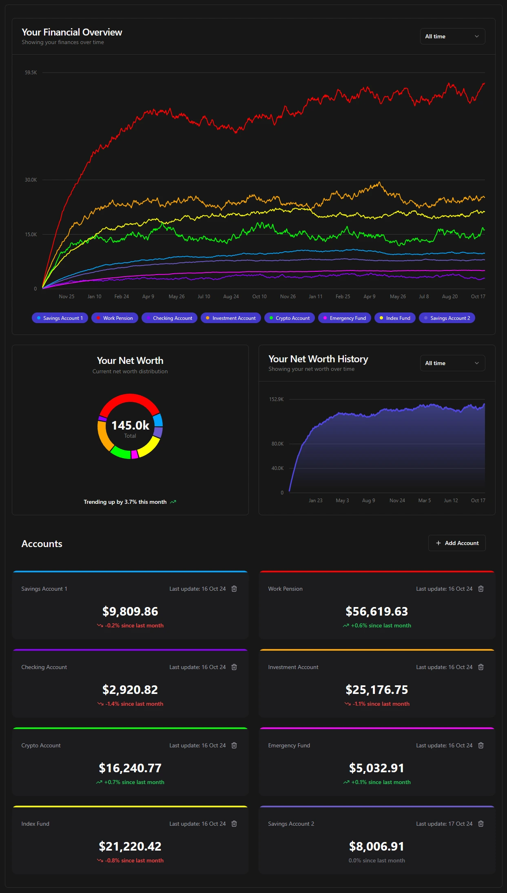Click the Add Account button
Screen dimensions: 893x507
[457, 543]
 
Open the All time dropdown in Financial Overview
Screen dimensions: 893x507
[452, 36]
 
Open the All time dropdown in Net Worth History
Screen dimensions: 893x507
[452, 363]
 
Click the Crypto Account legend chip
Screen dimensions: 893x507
[290, 318]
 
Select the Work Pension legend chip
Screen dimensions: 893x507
[115, 318]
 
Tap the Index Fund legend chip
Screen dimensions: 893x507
[395, 318]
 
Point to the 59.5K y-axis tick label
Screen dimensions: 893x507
[31, 73]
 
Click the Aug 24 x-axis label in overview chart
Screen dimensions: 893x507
[231, 297]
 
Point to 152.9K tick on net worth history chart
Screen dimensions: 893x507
[276, 399]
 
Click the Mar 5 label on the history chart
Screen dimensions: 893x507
[424, 501]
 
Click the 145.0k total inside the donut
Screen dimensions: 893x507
[130, 425]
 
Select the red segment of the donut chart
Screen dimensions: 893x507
[130, 399]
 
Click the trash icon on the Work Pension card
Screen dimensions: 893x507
[481, 589]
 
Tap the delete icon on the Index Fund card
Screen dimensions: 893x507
[234, 824]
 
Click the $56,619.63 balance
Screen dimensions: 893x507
[376, 611]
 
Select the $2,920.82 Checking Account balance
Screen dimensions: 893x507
[130, 689]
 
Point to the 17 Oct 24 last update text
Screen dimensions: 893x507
[460, 824]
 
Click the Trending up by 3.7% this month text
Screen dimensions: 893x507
[125, 502]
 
